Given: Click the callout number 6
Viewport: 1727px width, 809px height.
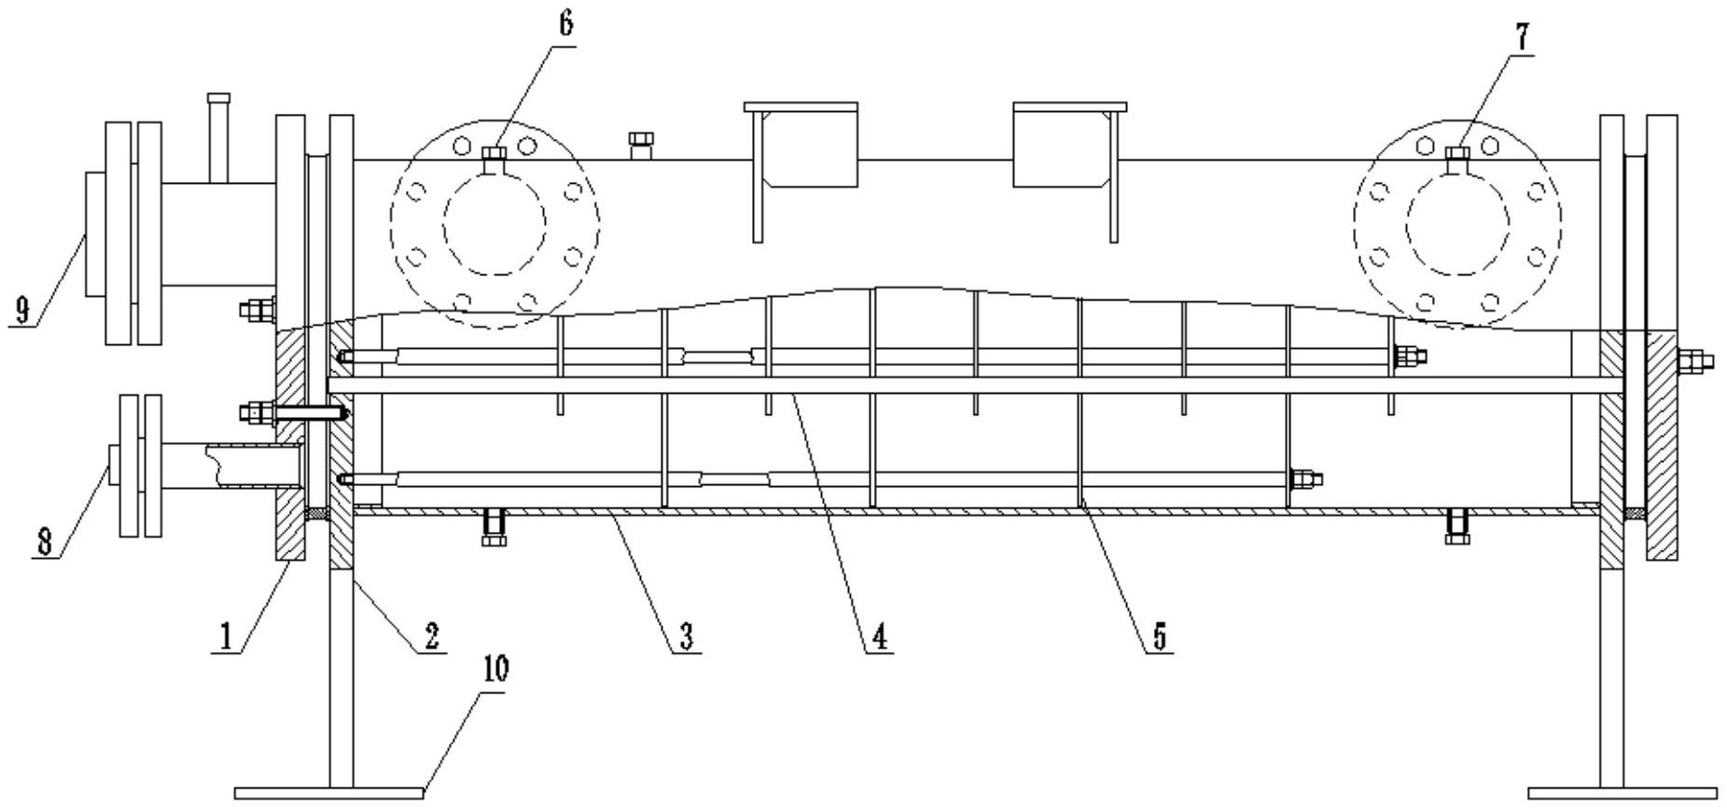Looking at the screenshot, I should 566,24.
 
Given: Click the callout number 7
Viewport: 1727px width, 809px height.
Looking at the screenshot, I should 1521,37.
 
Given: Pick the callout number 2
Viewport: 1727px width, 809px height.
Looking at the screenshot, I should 430,636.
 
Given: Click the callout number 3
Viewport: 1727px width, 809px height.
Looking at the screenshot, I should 686,636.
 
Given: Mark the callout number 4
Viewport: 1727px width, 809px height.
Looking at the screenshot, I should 879,636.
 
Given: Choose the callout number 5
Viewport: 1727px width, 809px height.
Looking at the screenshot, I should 1159,636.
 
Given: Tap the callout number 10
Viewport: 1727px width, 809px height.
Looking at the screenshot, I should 495,669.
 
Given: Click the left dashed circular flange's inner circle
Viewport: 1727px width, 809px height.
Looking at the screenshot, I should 494,224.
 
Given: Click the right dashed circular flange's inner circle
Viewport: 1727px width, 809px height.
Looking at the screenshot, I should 1457,224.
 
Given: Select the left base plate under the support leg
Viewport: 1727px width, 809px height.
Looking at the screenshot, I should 328,792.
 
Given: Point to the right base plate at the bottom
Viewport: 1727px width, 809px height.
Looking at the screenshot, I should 1623,792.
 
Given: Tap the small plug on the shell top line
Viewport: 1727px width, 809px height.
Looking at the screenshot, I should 641,146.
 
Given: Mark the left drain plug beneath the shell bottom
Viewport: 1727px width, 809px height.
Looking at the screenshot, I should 493,529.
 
